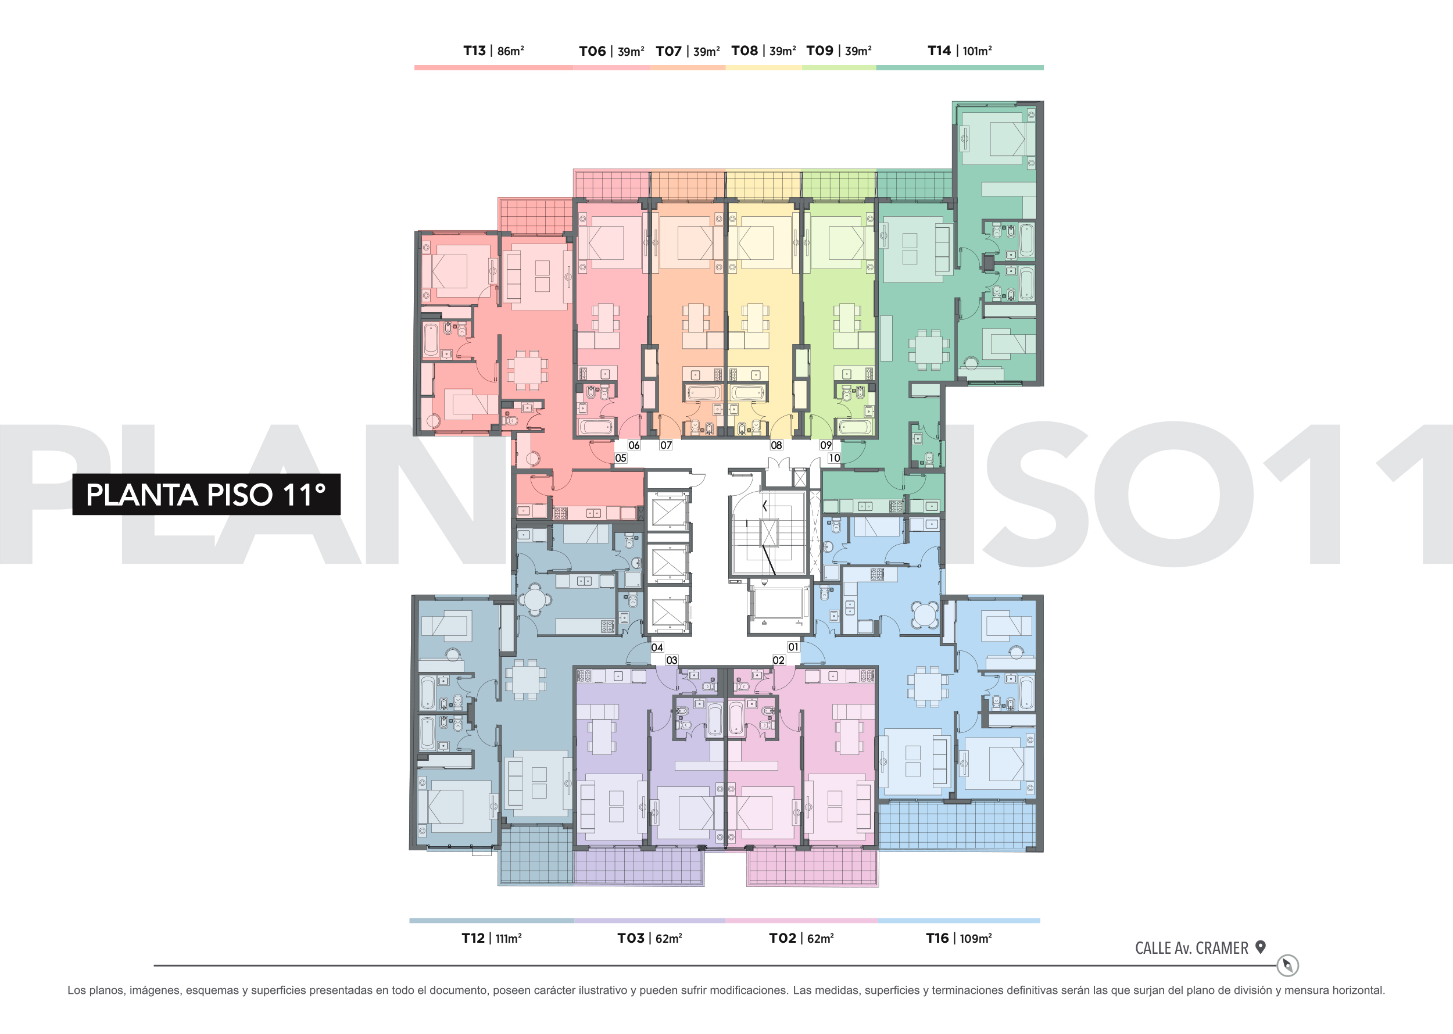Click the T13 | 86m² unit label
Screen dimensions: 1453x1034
(x=493, y=51)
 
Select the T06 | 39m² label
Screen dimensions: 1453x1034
(x=611, y=52)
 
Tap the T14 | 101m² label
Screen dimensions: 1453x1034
(x=960, y=51)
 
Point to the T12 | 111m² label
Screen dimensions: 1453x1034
(x=492, y=938)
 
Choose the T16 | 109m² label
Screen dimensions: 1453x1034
(x=959, y=938)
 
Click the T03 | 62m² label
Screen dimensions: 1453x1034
(x=649, y=938)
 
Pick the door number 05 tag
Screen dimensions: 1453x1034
(x=621, y=458)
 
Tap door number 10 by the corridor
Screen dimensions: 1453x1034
(x=834, y=458)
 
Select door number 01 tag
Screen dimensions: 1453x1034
(x=793, y=647)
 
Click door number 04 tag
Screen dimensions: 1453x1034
(x=657, y=647)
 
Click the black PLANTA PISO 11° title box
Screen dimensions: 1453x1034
(x=206, y=494)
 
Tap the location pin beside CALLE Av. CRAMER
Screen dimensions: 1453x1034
(x=1260, y=947)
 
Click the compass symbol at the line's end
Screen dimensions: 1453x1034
(x=1287, y=965)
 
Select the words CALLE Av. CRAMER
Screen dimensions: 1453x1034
(x=1191, y=948)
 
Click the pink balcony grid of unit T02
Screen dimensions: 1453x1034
(x=813, y=867)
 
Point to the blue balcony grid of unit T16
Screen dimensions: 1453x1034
(x=957, y=825)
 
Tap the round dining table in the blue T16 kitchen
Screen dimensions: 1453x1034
(x=925, y=615)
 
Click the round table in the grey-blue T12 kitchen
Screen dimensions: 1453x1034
(x=535, y=599)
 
